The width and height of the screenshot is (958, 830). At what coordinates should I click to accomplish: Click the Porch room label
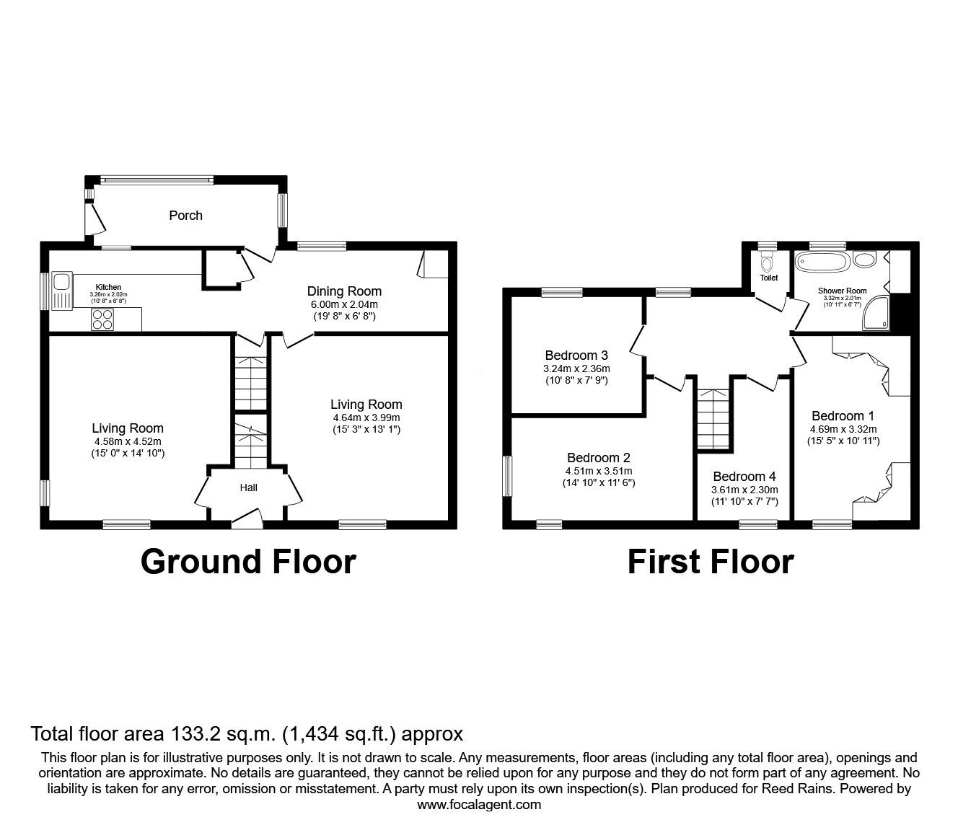pyautogui.click(x=185, y=216)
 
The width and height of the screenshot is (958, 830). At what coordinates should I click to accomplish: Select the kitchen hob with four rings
pyautogui.click(x=102, y=319)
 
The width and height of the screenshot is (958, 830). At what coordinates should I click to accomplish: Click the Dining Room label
pyautogui.click(x=344, y=291)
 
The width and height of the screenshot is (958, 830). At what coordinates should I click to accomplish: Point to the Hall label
pyautogui.click(x=248, y=487)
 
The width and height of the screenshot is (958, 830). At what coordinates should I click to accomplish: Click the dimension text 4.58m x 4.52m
pyautogui.click(x=128, y=441)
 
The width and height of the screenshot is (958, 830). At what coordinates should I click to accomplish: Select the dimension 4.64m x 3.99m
pyautogui.click(x=366, y=418)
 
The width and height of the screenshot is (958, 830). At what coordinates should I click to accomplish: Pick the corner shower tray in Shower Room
pyautogui.click(x=876, y=317)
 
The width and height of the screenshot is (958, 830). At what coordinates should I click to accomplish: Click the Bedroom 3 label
pyautogui.click(x=576, y=355)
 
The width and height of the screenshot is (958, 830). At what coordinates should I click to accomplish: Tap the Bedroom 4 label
pyautogui.click(x=744, y=477)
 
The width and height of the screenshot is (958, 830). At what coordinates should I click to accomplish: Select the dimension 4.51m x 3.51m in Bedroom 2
pyautogui.click(x=598, y=471)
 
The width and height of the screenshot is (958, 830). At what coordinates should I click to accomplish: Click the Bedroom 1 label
pyautogui.click(x=843, y=415)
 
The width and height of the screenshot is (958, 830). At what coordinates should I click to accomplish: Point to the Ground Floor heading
pyautogui.click(x=248, y=561)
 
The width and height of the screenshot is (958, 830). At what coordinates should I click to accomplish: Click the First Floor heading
pyautogui.click(x=710, y=561)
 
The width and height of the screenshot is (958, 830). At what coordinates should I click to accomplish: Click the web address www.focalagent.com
pyautogui.click(x=479, y=804)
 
